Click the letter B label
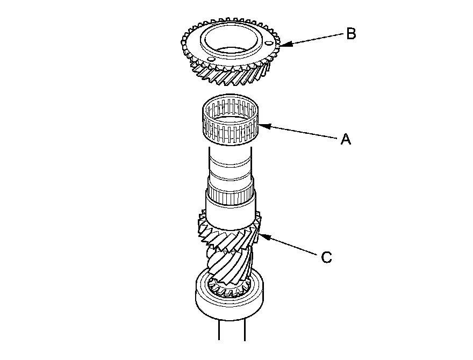coord(350,34)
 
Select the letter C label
coord(326,258)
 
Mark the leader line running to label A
coord(301,133)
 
